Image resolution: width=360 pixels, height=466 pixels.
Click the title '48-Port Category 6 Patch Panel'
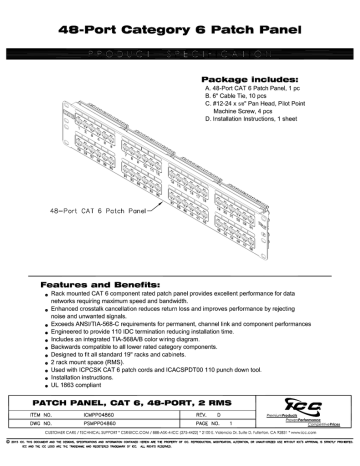180,31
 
